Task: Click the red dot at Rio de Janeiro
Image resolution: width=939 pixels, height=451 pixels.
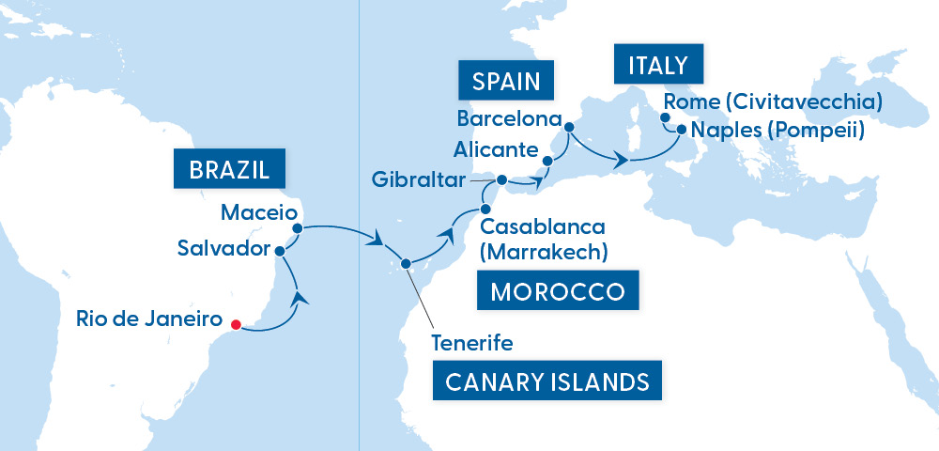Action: [236, 325]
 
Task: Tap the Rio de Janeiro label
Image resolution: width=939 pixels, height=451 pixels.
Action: [150, 319]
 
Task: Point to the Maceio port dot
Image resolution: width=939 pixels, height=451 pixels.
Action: [298, 226]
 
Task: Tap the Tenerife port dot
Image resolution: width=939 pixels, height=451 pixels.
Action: [406, 264]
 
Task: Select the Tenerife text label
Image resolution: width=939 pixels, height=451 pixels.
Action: [471, 343]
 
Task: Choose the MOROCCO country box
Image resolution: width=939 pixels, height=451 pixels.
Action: [558, 291]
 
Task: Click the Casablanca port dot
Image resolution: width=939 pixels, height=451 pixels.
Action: [485, 209]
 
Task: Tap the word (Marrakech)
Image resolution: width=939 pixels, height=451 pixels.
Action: [543, 252]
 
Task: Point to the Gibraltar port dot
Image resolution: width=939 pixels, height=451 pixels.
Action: [501, 179]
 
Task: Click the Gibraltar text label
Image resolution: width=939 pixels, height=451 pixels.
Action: [420, 179]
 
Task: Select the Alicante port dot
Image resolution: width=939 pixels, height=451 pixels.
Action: [547, 161]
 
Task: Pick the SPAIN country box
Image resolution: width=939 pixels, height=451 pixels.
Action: [506, 81]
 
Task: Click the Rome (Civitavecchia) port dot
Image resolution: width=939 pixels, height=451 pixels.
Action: [665, 118]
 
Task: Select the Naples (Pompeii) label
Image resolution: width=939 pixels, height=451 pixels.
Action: [777, 130]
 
